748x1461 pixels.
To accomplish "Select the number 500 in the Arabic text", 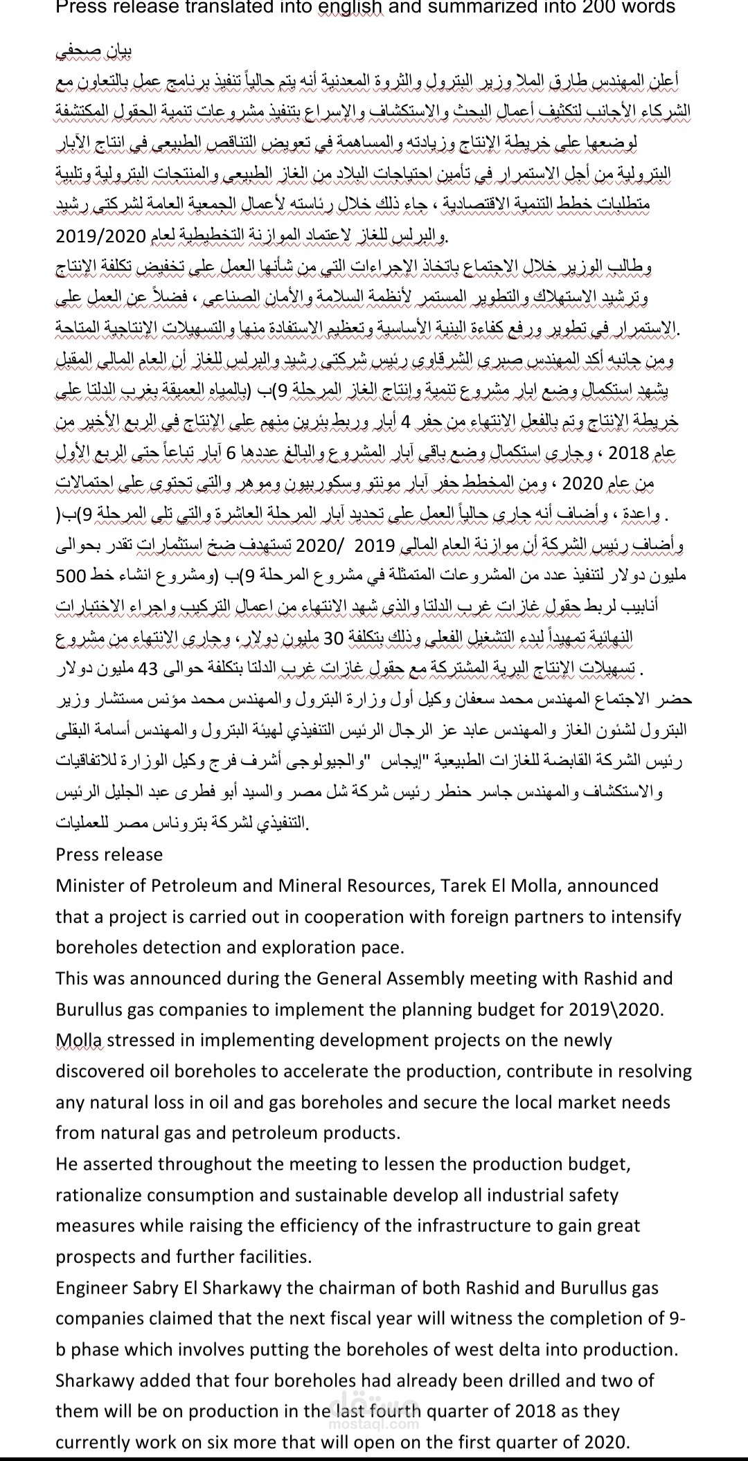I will pos(70,576).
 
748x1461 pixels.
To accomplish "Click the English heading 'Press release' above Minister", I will pos(109,854).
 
